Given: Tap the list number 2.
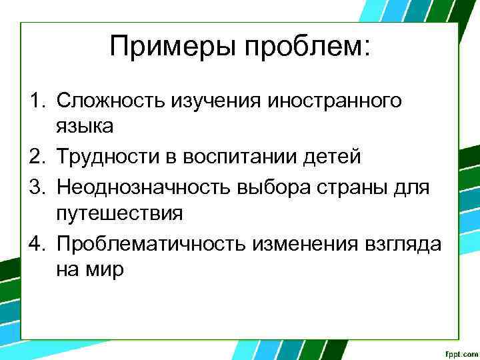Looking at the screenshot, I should click(35, 157).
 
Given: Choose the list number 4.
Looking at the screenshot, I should click(35, 243).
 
